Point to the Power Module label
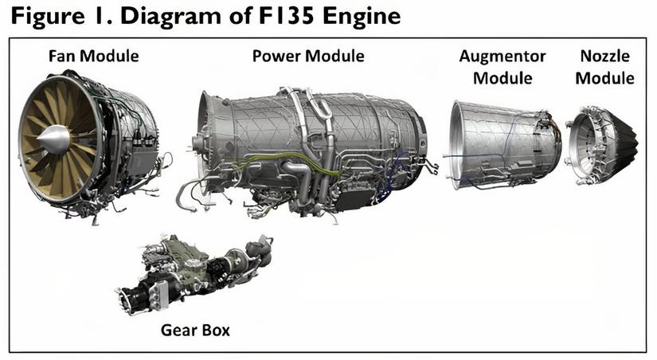pos(308,57)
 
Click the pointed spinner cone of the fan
pos(50,141)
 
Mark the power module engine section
pos(311,147)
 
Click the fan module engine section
pos(92,143)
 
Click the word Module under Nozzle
pos(604,78)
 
